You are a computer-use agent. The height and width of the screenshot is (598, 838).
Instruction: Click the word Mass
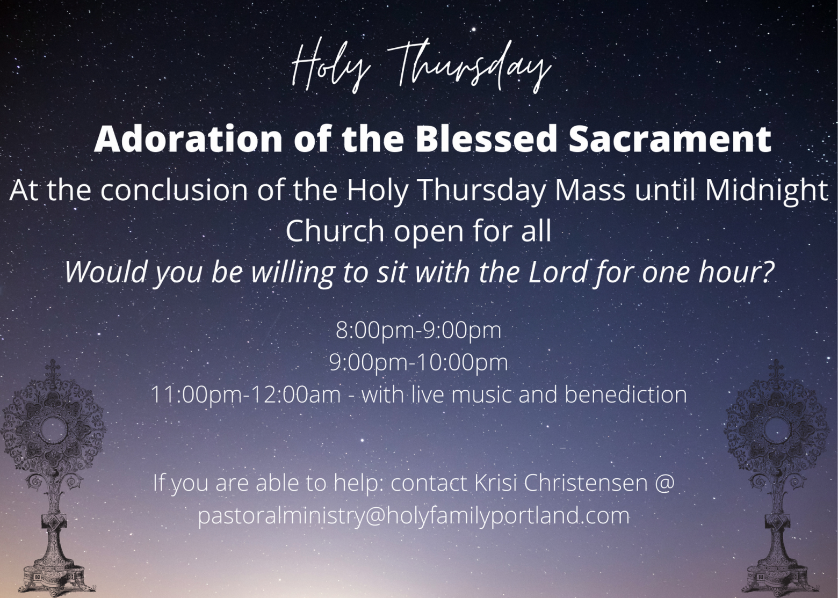(586, 191)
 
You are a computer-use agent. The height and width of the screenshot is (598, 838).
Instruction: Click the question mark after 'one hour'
(765, 273)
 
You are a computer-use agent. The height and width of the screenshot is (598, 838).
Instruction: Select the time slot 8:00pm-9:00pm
(418, 331)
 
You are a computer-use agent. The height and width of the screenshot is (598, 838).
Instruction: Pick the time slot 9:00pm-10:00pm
(418, 363)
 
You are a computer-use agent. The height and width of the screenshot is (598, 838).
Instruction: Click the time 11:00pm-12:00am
(246, 395)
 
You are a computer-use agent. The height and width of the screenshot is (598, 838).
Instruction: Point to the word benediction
(625, 395)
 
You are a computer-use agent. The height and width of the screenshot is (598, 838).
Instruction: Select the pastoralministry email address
(414, 516)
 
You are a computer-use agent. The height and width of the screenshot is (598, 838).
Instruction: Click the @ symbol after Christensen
(663, 484)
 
